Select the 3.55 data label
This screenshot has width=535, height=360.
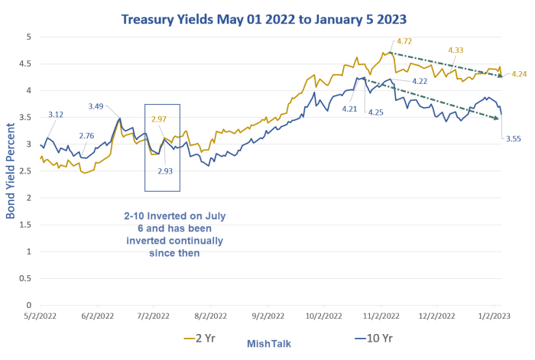point(512,138)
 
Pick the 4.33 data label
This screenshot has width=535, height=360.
point(456,50)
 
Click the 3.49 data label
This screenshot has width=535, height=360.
point(96,106)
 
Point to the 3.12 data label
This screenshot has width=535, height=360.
point(55,115)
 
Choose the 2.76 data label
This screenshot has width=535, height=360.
point(86,135)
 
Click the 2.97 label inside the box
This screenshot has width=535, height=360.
point(159,120)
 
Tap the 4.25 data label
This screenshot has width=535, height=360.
point(376,112)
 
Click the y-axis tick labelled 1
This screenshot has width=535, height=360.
point(29,251)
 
